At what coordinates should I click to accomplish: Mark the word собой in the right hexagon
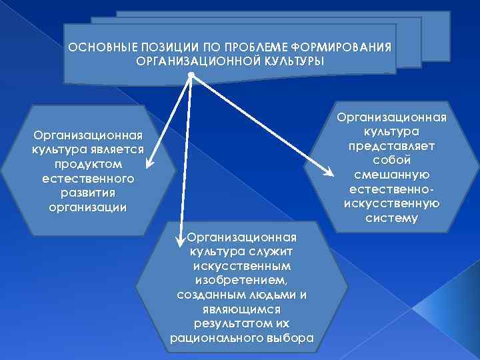point(391,161)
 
